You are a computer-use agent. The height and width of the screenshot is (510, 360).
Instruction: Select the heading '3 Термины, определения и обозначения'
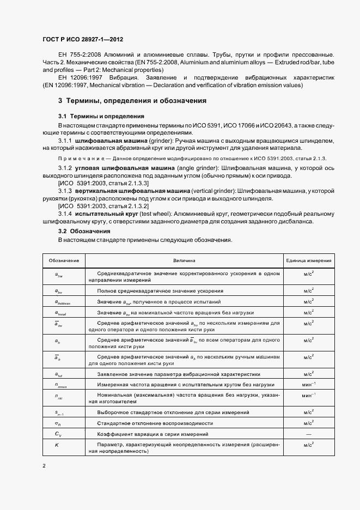click(x=132, y=101)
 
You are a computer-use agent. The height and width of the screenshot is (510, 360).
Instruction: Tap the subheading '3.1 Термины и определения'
click(x=101, y=117)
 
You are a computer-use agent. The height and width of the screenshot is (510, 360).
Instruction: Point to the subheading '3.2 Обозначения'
click(x=84, y=232)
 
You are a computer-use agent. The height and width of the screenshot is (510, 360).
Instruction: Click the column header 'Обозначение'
click(x=64, y=260)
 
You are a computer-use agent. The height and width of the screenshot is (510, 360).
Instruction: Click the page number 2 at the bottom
click(x=44, y=466)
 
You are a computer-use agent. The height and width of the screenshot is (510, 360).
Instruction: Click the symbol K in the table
click(x=57, y=445)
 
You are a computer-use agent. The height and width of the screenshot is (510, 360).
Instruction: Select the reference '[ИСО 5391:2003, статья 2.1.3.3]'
click(x=103, y=184)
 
